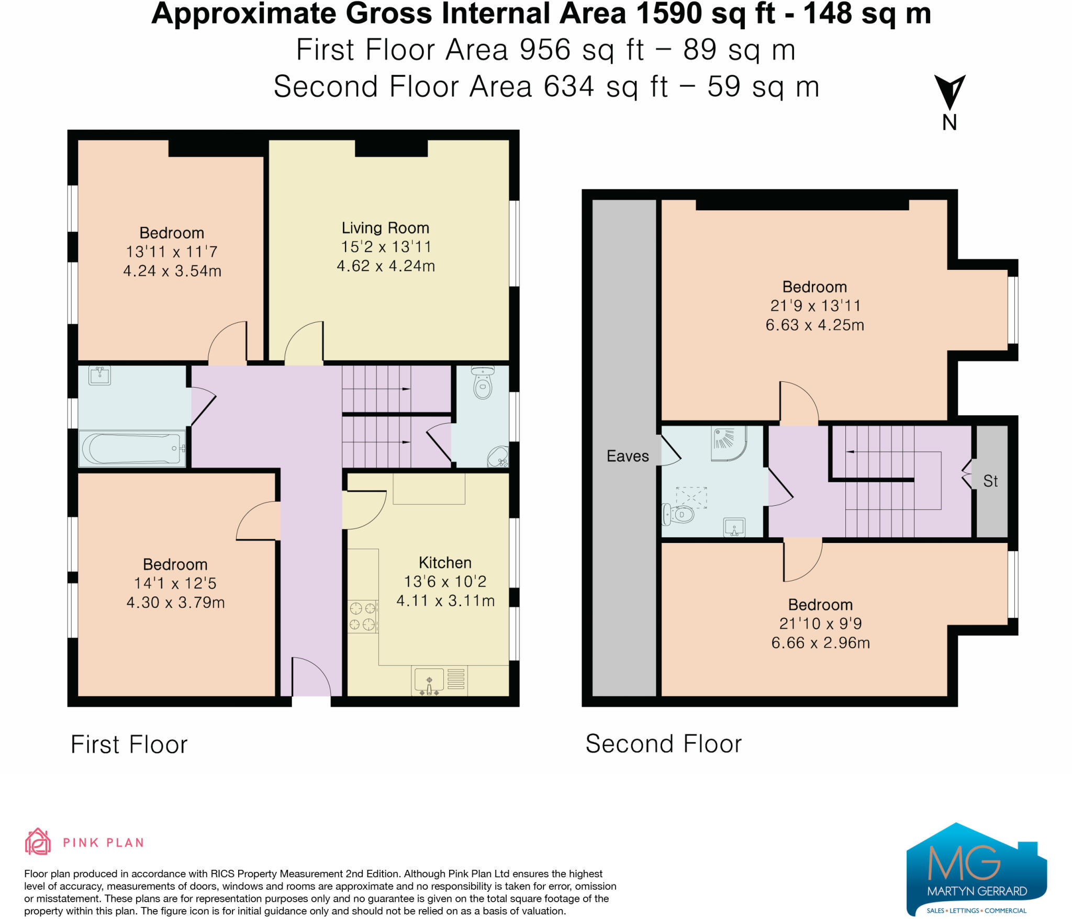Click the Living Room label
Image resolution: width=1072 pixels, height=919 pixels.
385,228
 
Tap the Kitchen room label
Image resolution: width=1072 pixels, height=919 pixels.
445,563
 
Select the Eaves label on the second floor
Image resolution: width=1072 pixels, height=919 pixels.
627,456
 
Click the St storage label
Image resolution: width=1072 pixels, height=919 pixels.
990,481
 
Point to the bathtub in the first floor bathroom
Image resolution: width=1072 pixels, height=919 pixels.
132,448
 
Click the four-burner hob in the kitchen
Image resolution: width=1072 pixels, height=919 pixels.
363,616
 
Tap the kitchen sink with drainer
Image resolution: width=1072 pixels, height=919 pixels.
439,681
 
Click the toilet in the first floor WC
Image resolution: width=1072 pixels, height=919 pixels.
482,387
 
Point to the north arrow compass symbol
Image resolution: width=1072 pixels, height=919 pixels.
950,94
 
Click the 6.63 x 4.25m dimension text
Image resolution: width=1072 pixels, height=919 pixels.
814,325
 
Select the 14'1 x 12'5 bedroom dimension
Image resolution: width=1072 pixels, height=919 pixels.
175,583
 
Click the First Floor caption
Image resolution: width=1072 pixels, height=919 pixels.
129,744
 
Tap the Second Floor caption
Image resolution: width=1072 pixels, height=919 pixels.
663,744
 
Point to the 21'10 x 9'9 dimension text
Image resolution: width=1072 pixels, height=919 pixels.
820,623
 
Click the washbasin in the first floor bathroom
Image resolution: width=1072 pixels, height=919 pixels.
99,375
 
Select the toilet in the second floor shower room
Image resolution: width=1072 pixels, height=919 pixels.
678,515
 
